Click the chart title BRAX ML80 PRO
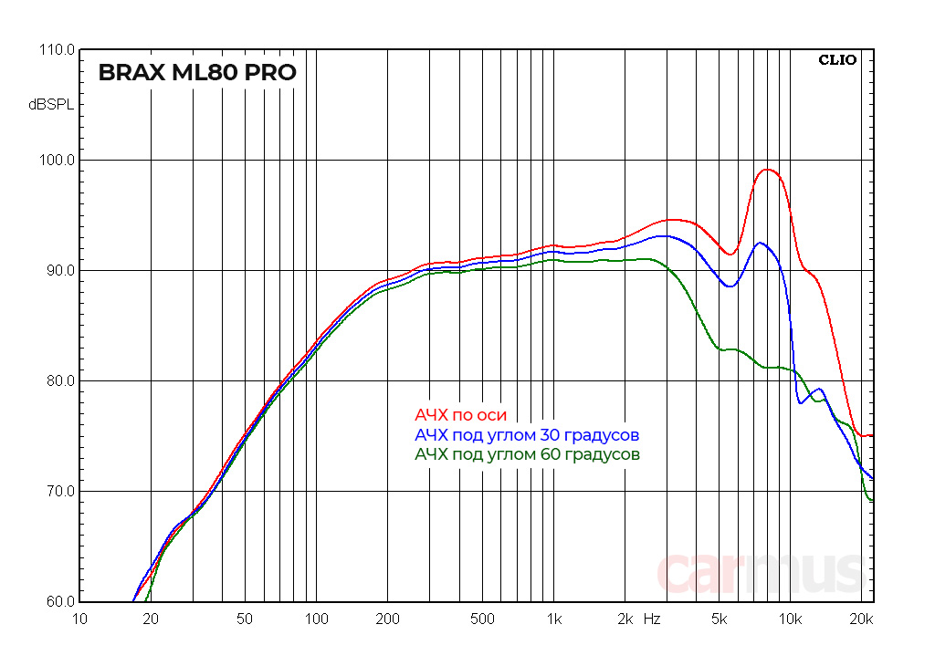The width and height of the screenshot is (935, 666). (x=197, y=73)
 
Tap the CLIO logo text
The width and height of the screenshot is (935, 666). (x=836, y=60)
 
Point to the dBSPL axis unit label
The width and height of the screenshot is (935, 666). (x=50, y=105)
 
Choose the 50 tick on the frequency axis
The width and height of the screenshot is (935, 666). (x=245, y=619)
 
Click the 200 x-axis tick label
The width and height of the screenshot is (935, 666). (x=387, y=619)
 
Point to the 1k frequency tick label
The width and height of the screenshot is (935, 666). (x=552, y=619)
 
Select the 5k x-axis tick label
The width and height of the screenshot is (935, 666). (x=719, y=619)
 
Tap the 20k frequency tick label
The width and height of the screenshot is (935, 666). (x=861, y=619)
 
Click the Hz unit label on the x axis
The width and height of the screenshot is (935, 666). (x=652, y=619)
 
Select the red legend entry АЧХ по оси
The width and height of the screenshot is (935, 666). (x=460, y=415)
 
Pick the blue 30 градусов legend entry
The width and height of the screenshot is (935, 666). (x=527, y=434)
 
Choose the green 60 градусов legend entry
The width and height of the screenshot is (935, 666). (x=527, y=453)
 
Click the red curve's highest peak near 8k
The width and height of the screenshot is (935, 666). (x=768, y=170)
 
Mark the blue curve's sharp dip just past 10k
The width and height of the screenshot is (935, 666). (x=802, y=402)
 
